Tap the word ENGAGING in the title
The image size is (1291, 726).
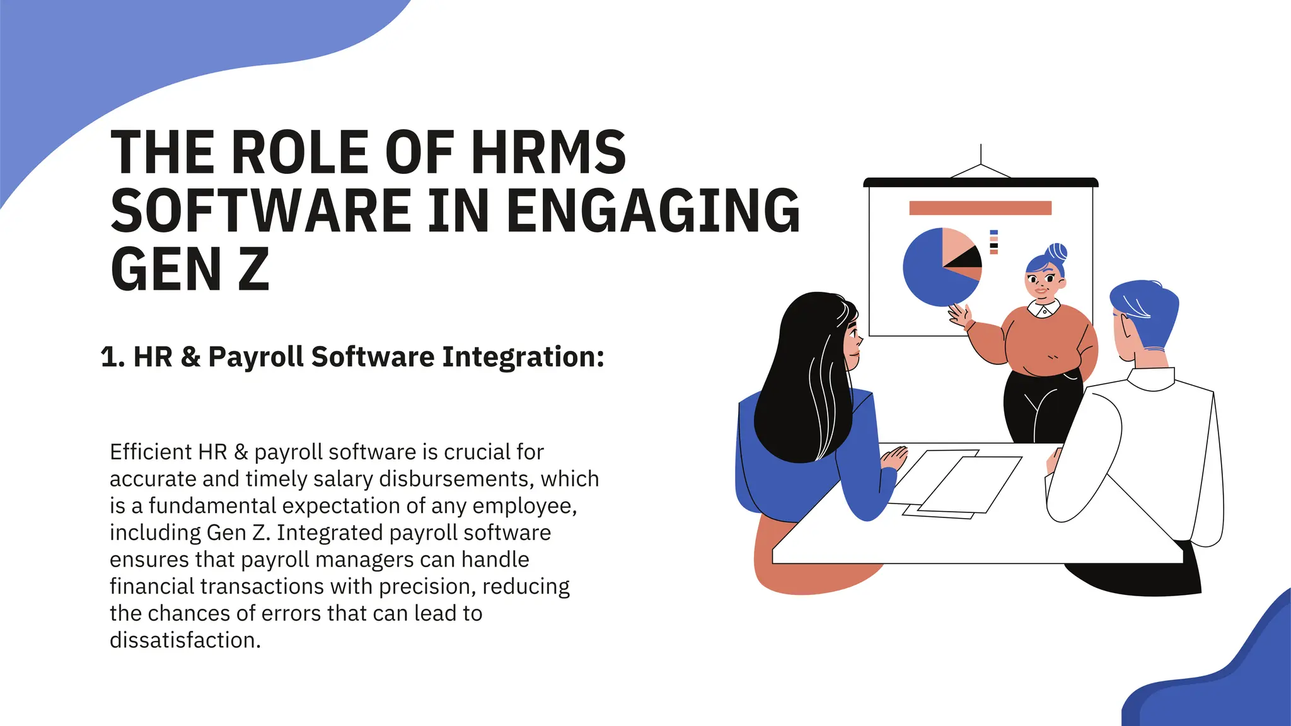pyautogui.click(x=653, y=210)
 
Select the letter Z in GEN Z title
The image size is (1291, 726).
pyautogui.click(x=253, y=269)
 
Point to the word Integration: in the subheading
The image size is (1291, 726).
pyautogui.click(x=523, y=357)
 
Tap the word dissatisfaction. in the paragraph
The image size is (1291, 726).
pyautogui.click(x=185, y=640)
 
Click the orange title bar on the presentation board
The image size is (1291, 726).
pyautogui.click(x=980, y=208)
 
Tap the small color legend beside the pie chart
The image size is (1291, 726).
pyautogui.click(x=994, y=242)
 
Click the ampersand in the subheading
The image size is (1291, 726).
pyautogui.click(x=190, y=357)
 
